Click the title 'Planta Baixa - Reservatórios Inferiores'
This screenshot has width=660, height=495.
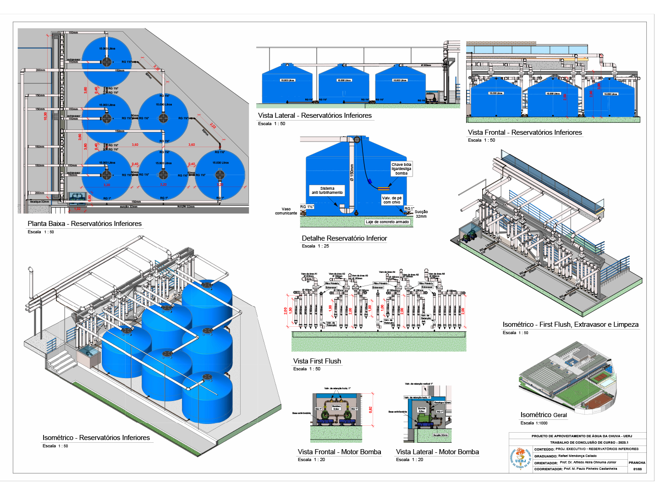tap(85, 224)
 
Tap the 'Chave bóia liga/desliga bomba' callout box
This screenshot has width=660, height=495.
tap(401, 169)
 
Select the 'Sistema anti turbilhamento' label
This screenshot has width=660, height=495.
tap(327, 191)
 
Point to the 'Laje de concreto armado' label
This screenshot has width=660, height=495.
tap(387, 222)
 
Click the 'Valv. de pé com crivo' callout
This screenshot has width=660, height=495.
tap(392, 200)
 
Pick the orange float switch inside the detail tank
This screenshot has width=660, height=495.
tap(384, 187)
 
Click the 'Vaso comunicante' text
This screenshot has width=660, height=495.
tap(286, 211)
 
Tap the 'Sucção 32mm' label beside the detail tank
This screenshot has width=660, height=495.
tap(421, 214)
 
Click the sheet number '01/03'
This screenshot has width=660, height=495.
tap(638, 469)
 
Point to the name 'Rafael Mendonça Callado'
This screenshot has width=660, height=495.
tap(577, 456)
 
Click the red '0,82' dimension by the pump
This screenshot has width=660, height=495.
tap(371, 409)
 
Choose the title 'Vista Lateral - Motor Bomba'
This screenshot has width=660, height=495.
tap(437, 452)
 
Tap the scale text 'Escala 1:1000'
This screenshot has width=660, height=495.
tap(534, 423)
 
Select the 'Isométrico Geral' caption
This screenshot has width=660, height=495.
tap(544, 415)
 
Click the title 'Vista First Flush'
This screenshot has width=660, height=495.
tap(317, 361)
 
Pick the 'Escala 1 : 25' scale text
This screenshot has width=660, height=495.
tap(315, 246)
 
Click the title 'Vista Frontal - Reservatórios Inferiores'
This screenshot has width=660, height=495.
tap(525, 132)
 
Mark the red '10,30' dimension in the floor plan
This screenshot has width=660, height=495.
tap(45, 116)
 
